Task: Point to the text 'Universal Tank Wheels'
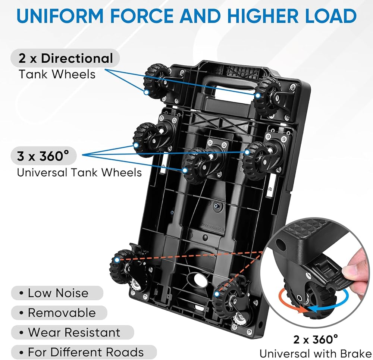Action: [79, 172]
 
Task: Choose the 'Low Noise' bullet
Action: [58, 293]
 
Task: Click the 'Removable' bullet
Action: [62, 313]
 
